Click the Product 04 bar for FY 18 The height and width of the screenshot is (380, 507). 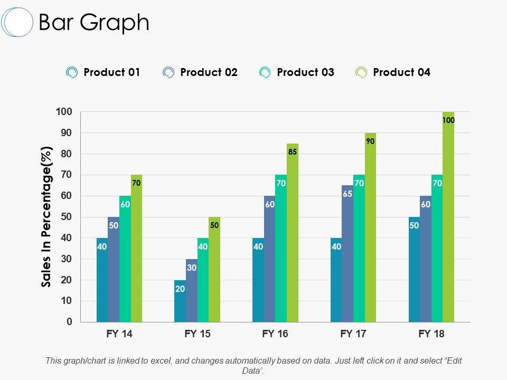pyautogui.click(x=448, y=222)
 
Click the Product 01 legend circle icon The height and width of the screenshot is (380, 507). pyautogui.click(x=72, y=73)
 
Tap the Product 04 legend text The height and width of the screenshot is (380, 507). pyautogui.click(x=401, y=72)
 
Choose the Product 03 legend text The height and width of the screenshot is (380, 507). pyautogui.click(x=305, y=72)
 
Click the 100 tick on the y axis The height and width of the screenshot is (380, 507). pyautogui.click(x=63, y=112)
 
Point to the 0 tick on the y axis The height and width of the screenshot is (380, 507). pyautogui.click(x=69, y=321)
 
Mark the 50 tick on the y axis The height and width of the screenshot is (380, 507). pyautogui.click(x=65, y=217)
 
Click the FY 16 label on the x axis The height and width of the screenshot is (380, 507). pyautogui.click(x=275, y=334)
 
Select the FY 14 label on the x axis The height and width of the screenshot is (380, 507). pyautogui.click(x=119, y=334)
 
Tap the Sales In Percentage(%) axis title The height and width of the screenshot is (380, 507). pyautogui.click(x=47, y=217)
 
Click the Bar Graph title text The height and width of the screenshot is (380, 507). pyautogui.click(x=94, y=23)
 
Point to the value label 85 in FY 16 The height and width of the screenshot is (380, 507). pyautogui.click(x=293, y=152)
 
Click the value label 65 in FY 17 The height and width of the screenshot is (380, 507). pyautogui.click(x=348, y=194)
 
